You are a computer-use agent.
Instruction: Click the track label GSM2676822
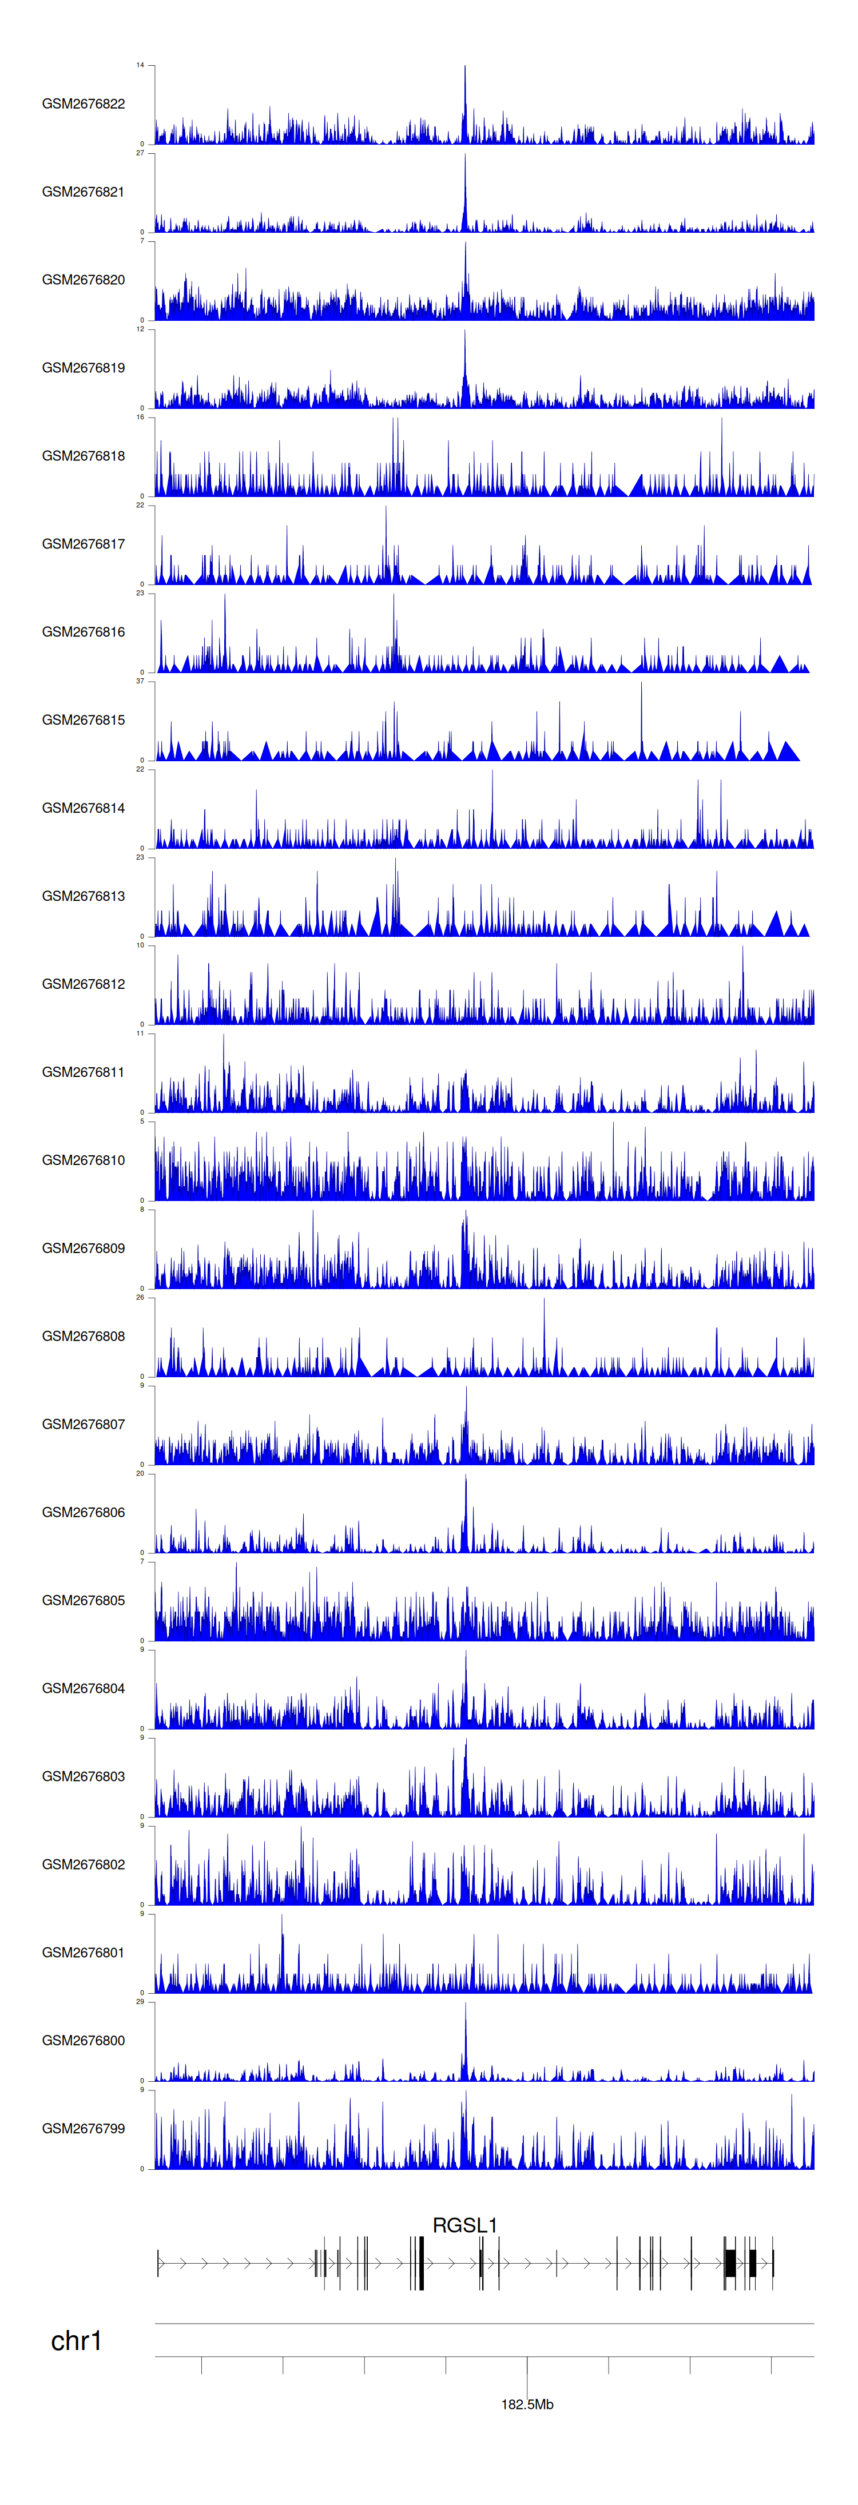[83, 104]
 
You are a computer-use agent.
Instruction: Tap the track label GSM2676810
[83, 1160]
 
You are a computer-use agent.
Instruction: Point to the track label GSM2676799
[83, 2129]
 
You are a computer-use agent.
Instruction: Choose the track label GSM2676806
[83, 1512]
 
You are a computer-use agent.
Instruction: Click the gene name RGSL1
[465, 2225]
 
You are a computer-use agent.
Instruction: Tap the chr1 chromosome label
[76, 2341]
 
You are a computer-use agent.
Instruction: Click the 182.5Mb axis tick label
[527, 2404]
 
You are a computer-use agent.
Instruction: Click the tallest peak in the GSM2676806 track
[465, 1478]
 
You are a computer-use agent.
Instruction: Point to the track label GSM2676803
[83, 1776]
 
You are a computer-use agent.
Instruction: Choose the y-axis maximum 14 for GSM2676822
[140, 65]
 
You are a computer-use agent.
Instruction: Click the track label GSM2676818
[83, 456]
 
